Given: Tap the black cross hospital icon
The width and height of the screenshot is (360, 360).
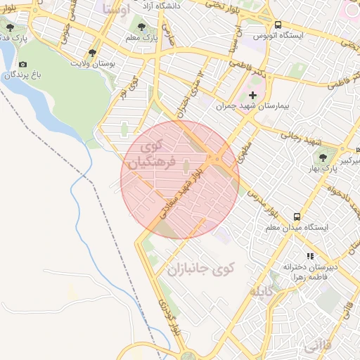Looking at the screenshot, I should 253,94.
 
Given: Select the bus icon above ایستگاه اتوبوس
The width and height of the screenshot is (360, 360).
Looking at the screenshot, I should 278,24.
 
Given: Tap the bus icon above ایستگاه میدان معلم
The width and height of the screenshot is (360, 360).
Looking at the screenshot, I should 297,217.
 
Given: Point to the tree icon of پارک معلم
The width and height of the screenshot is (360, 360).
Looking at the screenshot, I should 143,29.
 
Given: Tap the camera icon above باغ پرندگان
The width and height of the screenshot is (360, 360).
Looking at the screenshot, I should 22,64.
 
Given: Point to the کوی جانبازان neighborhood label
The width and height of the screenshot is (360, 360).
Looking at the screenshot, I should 199,269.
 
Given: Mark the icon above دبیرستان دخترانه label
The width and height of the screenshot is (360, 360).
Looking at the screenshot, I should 309,257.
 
